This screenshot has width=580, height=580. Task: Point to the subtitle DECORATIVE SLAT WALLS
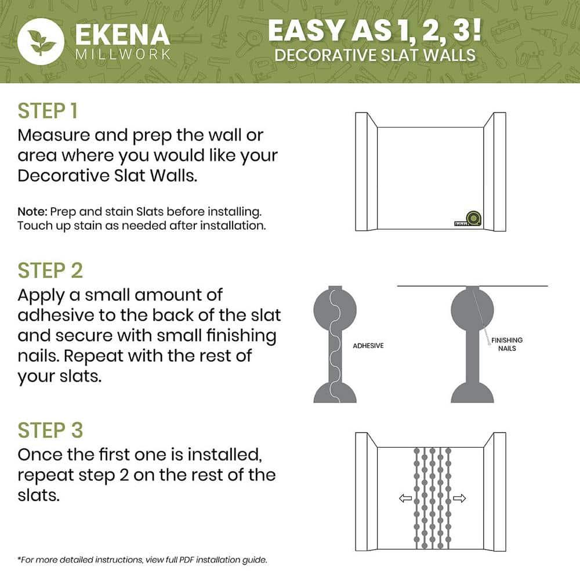pos(375,56)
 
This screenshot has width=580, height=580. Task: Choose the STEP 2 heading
pos(50,271)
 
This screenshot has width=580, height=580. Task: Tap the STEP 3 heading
pos(50,430)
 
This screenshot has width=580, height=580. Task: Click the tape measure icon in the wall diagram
pos(471,219)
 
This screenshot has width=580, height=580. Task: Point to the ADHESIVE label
pos(368,346)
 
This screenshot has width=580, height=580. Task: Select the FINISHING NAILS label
pos(506,344)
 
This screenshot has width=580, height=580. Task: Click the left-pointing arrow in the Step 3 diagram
pos(405,498)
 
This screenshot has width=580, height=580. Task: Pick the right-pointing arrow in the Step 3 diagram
pos(459,498)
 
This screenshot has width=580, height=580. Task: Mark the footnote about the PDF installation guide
pos(142,560)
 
